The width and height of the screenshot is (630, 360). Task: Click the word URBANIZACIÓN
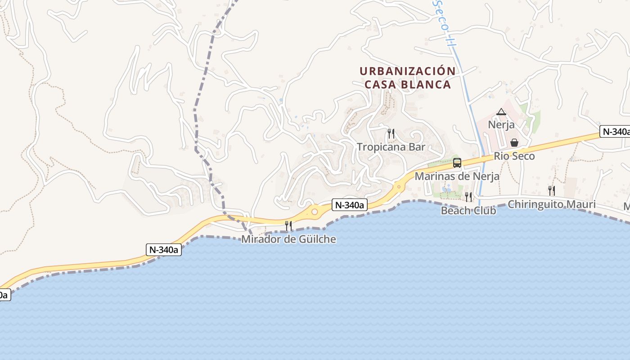(x=407, y=71)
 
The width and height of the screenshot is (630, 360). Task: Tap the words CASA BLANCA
(x=407, y=85)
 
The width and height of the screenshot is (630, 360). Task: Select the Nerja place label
(x=501, y=125)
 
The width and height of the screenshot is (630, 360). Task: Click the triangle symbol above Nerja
(x=501, y=112)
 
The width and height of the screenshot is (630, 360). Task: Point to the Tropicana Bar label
(x=391, y=147)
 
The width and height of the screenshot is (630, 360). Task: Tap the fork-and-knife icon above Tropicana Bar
(x=391, y=133)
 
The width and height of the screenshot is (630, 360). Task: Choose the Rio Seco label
(x=514, y=156)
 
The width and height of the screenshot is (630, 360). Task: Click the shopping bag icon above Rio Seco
(x=514, y=143)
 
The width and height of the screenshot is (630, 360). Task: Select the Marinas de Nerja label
(x=457, y=176)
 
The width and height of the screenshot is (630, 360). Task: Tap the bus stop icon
(x=457, y=163)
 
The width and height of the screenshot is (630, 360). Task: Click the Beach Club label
(x=468, y=210)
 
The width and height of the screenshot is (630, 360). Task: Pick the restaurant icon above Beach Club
(x=468, y=197)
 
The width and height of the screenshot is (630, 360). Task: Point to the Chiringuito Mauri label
(x=552, y=204)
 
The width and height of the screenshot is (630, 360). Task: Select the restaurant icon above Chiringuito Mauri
(x=551, y=190)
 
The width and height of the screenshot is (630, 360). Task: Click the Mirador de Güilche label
(x=288, y=239)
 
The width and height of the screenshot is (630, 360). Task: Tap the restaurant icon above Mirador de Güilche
(x=288, y=225)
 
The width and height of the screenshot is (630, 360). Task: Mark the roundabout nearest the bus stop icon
(x=398, y=186)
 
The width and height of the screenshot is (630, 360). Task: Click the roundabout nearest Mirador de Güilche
(x=315, y=211)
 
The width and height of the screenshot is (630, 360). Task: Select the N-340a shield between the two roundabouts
(x=350, y=205)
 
